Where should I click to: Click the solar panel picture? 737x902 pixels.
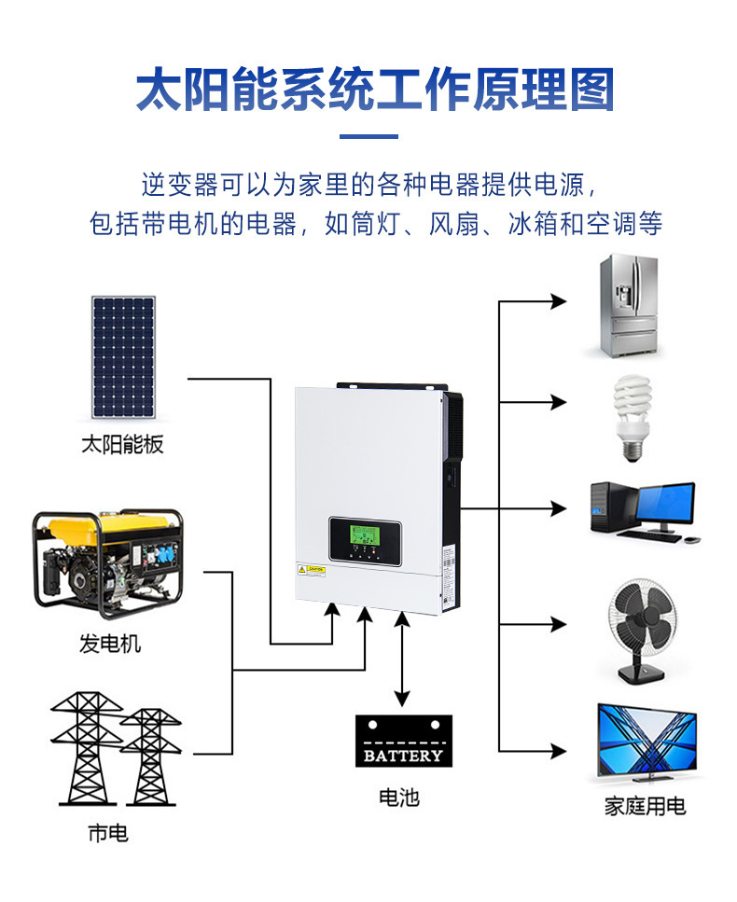123,357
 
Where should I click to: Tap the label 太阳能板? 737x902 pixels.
122,444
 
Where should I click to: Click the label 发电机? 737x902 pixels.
110,644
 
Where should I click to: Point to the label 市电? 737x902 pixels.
108,834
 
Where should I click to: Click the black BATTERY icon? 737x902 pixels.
403,741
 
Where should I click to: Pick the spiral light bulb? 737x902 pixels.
632,416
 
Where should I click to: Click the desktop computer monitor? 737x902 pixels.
664,506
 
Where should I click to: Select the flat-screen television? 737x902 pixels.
646,742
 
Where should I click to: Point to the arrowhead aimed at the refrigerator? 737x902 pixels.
559,301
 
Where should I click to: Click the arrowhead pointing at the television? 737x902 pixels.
559,750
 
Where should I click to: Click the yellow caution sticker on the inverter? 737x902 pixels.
311,568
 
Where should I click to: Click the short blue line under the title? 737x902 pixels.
368,137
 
